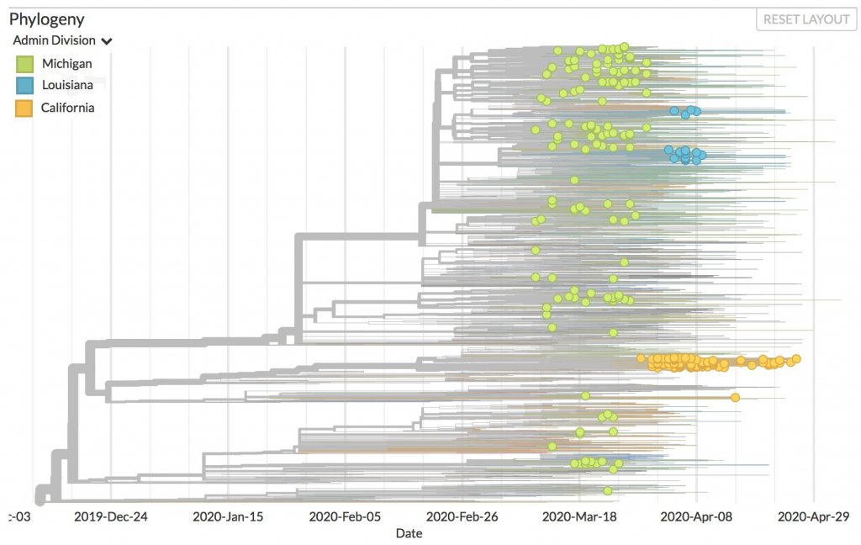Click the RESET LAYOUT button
pos(806,19)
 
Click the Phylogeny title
pos(47,19)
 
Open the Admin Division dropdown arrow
pos(107,41)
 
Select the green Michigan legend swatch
pos(24,64)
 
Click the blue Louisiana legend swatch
pos(24,86)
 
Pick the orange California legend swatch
pos(24,108)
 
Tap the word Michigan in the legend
pos(66,64)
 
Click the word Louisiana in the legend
pos(67,86)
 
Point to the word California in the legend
pos(67,108)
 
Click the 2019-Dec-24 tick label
pos(111,516)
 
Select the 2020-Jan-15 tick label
pos(228,516)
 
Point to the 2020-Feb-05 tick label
pos(346,516)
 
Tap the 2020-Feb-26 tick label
pos(463,516)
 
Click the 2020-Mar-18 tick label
pos(579,516)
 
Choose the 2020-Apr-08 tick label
pos(696,516)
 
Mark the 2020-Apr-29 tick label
pos(813,516)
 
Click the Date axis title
pos(409,533)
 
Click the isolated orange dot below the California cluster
pos(735,397)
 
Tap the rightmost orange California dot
pos(796,359)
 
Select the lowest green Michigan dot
pos(607,490)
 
